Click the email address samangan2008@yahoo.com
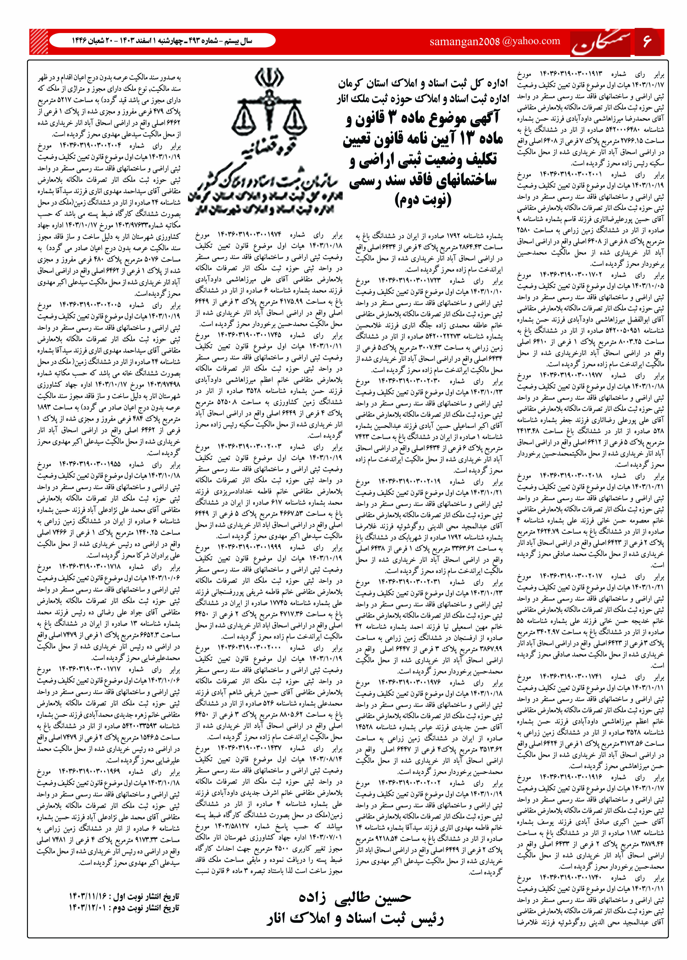click(x=495, y=41)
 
